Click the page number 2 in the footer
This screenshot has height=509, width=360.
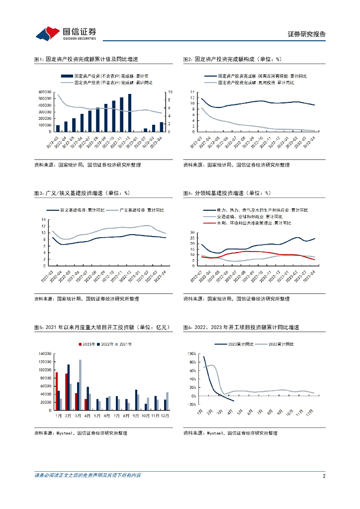[x=324, y=476]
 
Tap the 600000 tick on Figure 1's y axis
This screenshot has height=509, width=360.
[x=46, y=92]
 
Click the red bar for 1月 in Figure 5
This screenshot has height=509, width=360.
[x=57, y=391]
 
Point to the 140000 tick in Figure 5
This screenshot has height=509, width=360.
[x=46, y=353]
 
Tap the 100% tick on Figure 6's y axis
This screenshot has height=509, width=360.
[x=192, y=353]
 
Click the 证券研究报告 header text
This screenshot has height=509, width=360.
[x=307, y=34]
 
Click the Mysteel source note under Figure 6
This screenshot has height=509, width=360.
[x=230, y=433]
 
